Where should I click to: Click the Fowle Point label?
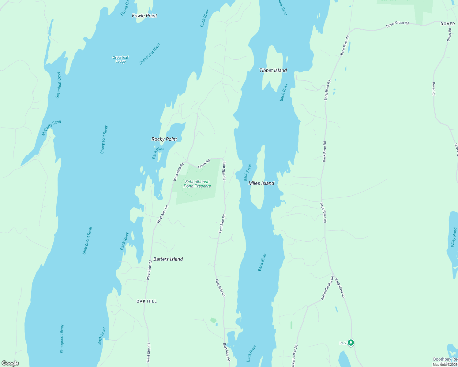[145, 16]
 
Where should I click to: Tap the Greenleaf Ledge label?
[121, 60]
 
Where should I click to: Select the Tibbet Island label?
[273, 70]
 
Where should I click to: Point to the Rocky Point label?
[164, 139]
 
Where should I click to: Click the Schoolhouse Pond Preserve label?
[197, 184]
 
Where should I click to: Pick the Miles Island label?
[261, 183]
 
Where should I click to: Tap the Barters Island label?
[168, 259]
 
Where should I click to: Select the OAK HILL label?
[147, 301]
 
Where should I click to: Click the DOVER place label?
[448, 24]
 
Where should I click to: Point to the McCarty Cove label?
[51, 128]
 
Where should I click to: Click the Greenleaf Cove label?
[58, 85]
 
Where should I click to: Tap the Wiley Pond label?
[454, 237]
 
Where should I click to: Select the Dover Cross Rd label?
[397, 24]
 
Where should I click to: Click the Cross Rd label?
[204, 164]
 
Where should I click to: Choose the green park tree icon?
[351, 343]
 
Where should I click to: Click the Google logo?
[10, 363]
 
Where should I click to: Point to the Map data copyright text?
[445, 365]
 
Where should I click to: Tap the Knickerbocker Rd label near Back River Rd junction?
[327, 288]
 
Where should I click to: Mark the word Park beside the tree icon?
[343, 343]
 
